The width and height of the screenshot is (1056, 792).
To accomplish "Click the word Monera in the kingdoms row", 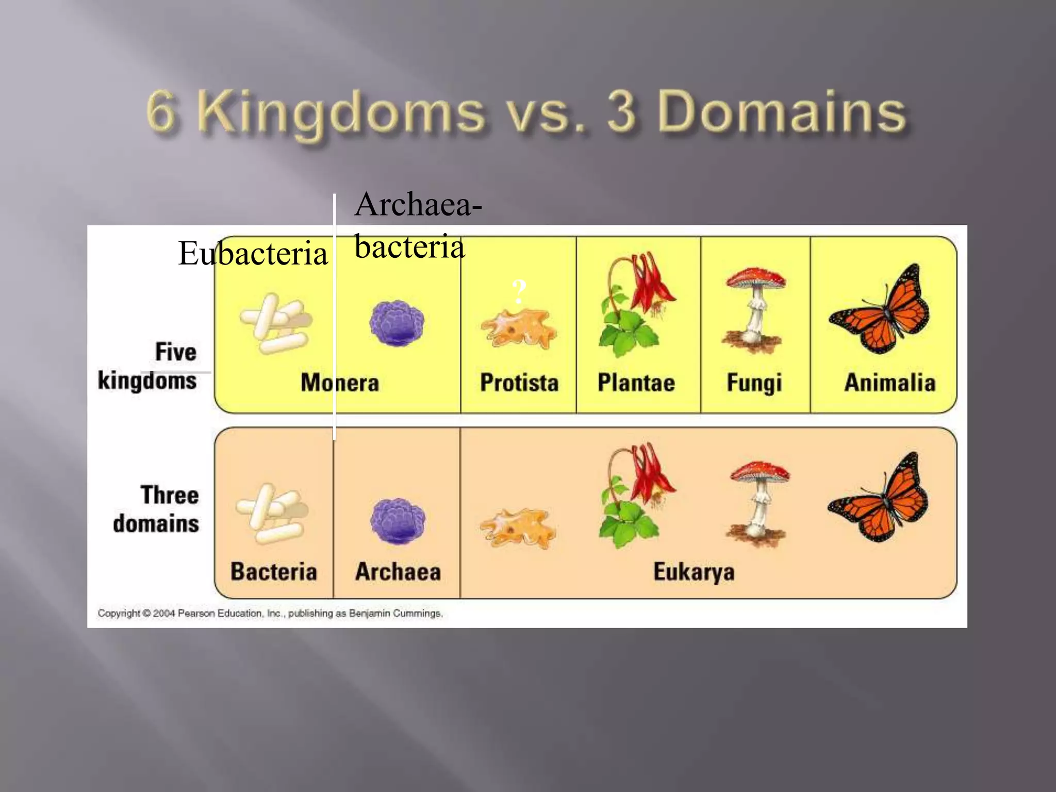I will [x=340, y=383].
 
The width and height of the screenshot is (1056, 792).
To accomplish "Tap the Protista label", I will [x=519, y=383].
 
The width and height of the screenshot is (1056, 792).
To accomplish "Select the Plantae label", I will [x=636, y=383].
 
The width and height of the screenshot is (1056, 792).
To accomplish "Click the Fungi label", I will [x=754, y=383].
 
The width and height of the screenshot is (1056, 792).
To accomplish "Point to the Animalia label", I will [x=889, y=383].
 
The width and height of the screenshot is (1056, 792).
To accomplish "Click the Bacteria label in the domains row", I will [x=273, y=571].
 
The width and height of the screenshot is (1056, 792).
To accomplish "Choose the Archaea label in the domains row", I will [x=398, y=571].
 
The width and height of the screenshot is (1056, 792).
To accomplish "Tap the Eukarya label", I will [x=694, y=572].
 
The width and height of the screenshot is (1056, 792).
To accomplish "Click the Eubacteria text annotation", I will [x=253, y=253].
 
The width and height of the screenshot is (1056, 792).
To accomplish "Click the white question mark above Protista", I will [x=519, y=292].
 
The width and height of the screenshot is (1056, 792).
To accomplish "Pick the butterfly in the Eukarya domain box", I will [x=879, y=498].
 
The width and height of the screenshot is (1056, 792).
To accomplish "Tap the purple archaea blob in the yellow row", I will [x=397, y=323].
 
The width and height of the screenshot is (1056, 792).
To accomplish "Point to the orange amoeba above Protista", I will [x=519, y=328].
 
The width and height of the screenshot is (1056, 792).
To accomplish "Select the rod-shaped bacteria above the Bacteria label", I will [x=272, y=514].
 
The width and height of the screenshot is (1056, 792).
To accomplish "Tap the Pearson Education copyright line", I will [x=270, y=613].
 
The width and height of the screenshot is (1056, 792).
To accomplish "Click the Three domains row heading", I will [x=157, y=509].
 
